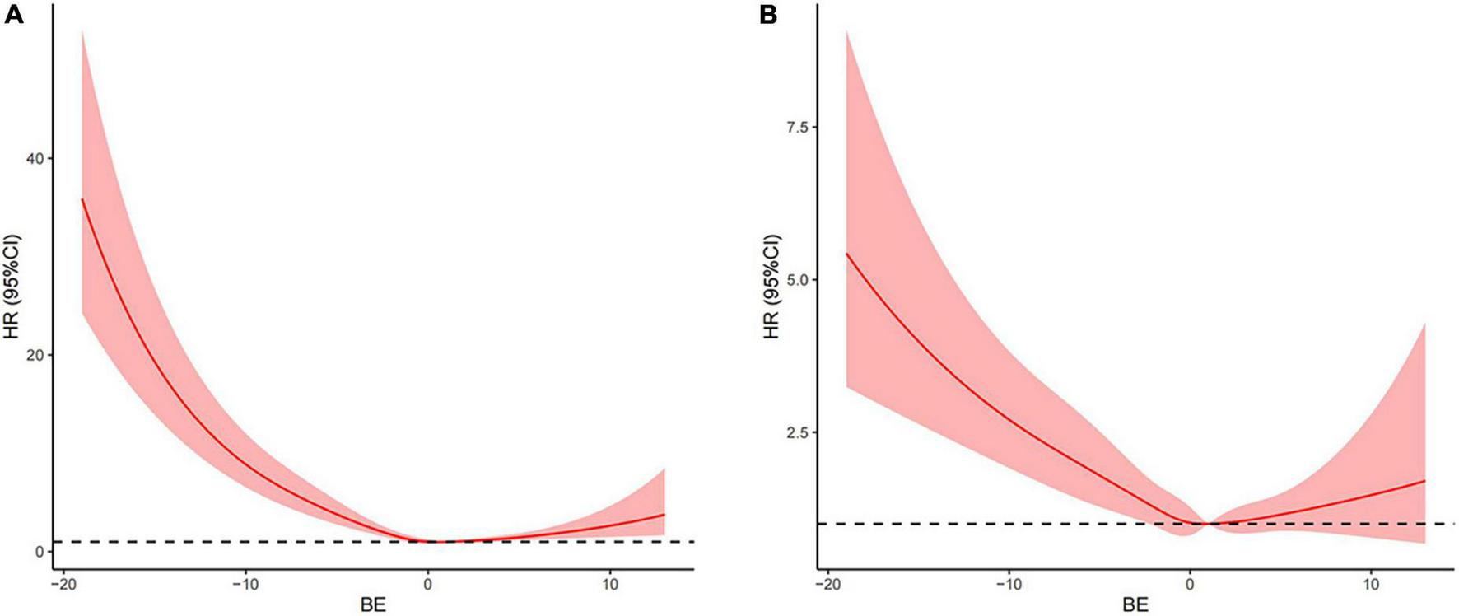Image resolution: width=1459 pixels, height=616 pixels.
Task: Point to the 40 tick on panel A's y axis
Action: coord(37,158)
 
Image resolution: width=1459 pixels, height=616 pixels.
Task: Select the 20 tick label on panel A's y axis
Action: coord(37,355)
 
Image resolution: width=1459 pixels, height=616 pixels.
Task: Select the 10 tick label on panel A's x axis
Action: coord(610,584)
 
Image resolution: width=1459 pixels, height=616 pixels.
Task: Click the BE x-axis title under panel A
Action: coord(373,605)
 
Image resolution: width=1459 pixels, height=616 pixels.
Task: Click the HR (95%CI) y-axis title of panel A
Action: coord(12,287)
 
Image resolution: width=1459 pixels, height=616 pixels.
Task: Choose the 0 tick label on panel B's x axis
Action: coord(1190,584)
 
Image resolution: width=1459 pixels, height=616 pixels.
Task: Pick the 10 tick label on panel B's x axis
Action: coord(1372,584)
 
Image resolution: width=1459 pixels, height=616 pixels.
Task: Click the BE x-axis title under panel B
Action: coord(1135,605)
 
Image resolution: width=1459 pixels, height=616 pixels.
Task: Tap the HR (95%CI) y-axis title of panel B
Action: coord(771,287)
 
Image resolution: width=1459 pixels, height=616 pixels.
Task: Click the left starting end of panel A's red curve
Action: coord(82,199)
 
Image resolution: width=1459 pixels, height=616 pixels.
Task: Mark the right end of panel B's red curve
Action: coord(1424,481)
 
